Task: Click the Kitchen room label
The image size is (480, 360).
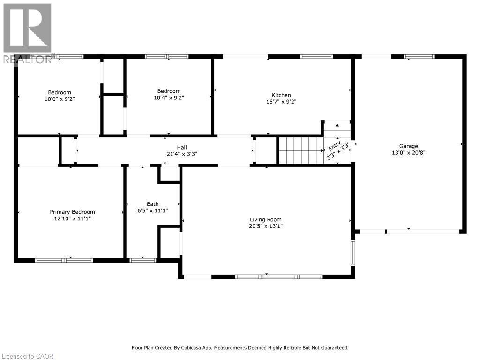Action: point(281,95)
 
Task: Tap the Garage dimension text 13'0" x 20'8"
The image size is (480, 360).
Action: point(409,152)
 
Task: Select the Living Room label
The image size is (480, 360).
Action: point(265,219)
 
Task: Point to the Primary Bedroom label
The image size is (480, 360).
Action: point(73,212)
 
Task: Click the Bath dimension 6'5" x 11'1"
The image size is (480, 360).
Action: point(153,210)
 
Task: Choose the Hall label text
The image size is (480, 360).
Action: point(169,147)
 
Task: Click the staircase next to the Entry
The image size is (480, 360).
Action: point(300,150)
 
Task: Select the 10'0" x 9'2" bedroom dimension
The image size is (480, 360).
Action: point(60,99)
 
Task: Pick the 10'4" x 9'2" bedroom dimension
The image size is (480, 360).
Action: point(169,97)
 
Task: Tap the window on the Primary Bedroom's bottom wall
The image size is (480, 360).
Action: point(64,260)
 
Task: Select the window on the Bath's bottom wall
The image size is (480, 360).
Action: point(143,260)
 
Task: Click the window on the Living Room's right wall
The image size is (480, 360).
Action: point(353,253)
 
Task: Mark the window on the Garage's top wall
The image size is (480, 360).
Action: point(419,57)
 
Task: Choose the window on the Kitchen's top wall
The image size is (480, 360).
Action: point(316,57)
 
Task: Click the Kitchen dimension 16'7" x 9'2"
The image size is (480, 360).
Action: point(281,101)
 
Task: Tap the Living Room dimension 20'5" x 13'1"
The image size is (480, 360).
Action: point(265,226)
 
